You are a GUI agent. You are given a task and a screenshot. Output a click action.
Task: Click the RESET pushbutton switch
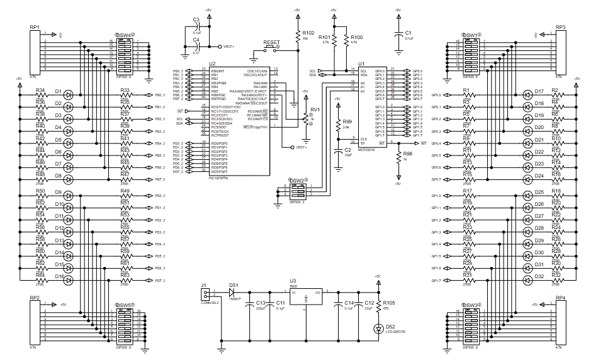pos(271,48)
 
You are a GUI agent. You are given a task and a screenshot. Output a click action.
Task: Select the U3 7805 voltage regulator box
pos(306,300)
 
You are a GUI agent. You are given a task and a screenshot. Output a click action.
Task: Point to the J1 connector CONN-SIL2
pos(204,295)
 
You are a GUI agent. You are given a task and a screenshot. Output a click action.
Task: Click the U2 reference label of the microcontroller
pos(212,64)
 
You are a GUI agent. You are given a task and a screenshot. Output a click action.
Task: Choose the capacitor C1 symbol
pos(397,35)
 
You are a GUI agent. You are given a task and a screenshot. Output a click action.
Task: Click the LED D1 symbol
pos(69,95)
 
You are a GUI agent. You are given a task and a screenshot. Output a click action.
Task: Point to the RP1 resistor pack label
pos(34,28)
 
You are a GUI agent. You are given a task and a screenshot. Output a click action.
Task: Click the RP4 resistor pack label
pos(560,298)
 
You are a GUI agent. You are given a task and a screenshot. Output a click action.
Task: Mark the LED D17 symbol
pos(527,95)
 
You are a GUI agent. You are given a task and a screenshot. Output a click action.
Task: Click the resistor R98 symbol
pos(397,159)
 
